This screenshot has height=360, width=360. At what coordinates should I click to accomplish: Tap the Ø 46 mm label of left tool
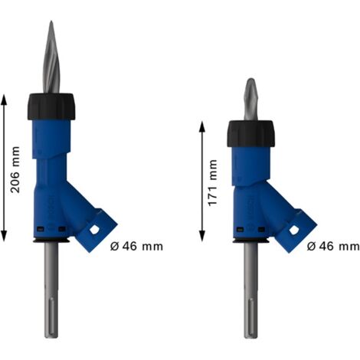[x=136, y=247]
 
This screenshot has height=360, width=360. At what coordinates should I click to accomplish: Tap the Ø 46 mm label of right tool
[x=332, y=247]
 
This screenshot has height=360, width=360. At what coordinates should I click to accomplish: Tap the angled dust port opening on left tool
[x=97, y=229]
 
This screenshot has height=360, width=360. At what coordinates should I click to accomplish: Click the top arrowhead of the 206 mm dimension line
[x=5, y=98]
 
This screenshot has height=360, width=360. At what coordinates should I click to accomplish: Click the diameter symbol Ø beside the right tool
[x=312, y=247]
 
